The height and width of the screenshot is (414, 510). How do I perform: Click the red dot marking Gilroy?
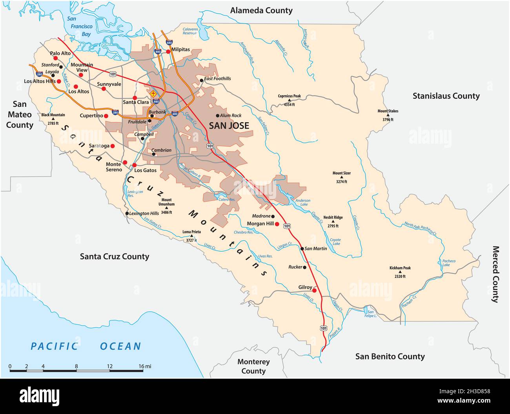click(314, 291)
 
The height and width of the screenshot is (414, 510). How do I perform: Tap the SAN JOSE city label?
click(229, 126)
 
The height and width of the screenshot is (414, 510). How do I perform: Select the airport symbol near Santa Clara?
click(153, 94)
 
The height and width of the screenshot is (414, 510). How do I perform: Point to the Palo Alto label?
click(60, 53)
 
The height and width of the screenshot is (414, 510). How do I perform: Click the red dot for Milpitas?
click(168, 51)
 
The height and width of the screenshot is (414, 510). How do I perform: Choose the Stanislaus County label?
click(446, 96)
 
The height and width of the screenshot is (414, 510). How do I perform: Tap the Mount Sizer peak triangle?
click(342, 177)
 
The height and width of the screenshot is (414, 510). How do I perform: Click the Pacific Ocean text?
click(86, 346)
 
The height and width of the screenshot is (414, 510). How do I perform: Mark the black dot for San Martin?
click(302, 248)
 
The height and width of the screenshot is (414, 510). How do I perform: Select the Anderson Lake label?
click(303, 202)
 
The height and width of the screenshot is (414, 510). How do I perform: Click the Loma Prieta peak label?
click(191, 232)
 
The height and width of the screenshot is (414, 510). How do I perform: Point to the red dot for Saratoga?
click(112, 146)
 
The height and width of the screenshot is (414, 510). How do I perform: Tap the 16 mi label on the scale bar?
click(145, 367)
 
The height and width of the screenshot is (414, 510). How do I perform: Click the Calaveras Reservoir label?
click(189, 31)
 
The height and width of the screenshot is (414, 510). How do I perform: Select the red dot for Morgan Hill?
click(277, 224)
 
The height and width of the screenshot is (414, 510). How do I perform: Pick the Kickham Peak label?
click(400, 268)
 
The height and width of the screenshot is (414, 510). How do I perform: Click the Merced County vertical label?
click(495, 274)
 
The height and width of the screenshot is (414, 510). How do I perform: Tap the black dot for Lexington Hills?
click(127, 213)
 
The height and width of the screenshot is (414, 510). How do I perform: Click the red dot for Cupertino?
click(106, 116)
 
